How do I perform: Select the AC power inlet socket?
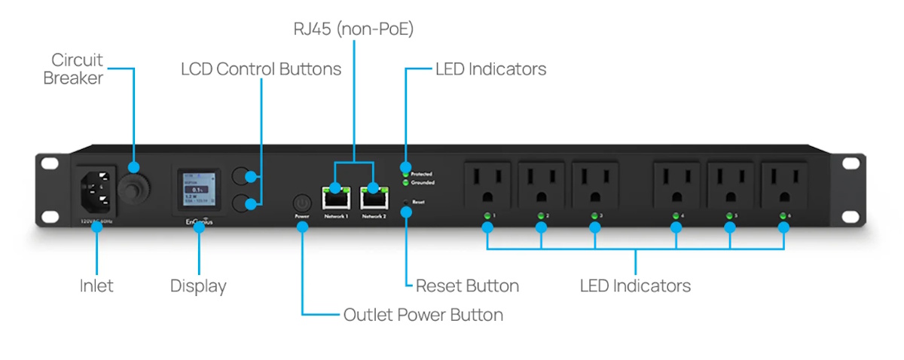96,191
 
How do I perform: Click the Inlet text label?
96,286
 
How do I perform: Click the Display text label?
198,286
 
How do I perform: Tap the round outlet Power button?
301,203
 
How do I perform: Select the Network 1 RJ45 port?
335,197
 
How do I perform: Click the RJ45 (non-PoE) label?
354,29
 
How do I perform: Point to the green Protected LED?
405,174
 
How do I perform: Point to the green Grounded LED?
405,182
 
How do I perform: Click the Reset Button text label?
467,286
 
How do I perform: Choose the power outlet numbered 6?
783,183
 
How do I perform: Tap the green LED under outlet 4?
676,216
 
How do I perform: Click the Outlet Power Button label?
423,315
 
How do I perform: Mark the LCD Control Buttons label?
261,69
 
